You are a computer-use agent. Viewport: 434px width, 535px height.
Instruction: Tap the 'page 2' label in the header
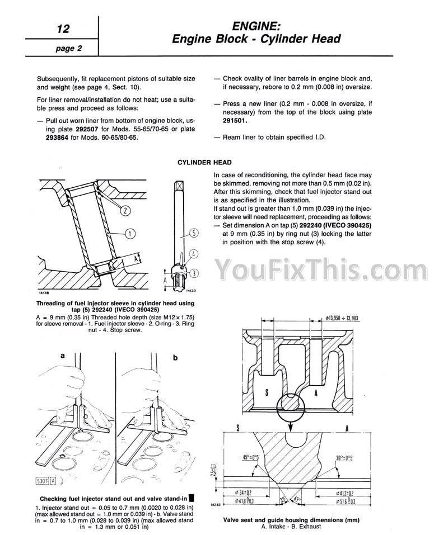pyautogui.click(x=69, y=48)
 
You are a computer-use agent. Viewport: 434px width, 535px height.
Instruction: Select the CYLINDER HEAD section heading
pyautogui.click(x=204, y=163)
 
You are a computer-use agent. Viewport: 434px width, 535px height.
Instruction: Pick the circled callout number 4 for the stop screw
pyautogui.click(x=194, y=253)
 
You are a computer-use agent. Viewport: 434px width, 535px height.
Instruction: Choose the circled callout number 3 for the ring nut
pyautogui.click(x=194, y=273)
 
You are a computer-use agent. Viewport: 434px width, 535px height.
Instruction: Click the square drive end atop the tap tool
pyautogui.click(x=179, y=186)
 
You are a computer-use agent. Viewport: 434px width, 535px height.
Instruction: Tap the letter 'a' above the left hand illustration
pyautogui.click(x=62, y=355)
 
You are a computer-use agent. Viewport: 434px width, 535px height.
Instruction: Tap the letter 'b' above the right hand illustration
pyautogui.click(x=175, y=358)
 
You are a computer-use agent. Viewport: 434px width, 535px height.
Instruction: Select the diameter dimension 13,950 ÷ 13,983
pyautogui.click(x=342, y=318)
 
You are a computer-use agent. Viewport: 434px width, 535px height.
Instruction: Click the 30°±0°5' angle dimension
pyautogui.click(x=344, y=458)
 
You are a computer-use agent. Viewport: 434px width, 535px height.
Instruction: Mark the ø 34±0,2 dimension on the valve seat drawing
pyautogui.click(x=246, y=493)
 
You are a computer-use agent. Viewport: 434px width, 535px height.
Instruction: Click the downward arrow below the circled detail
pyautogui.click(x=290, y=426)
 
